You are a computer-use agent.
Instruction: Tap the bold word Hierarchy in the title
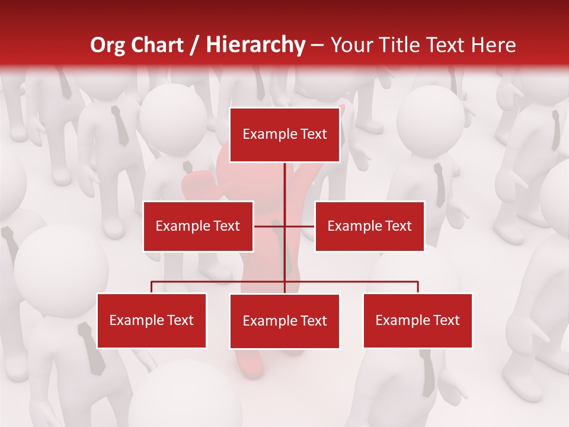[x=255, y=46]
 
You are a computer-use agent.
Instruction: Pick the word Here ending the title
[x=493, y=46]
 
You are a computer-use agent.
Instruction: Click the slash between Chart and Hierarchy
[x=194, y=46]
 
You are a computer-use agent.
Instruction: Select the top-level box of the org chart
[x=284, y=135]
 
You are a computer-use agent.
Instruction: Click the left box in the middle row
[x=198, y=226]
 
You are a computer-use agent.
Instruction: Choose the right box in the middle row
[x=370, y=226]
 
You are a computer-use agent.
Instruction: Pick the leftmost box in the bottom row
[x=152, y=320]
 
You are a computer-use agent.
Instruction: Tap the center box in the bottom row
[x=284, y=321]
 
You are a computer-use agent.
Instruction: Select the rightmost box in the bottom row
[x=418, y=320]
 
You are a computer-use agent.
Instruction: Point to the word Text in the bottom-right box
[x=446, y=320]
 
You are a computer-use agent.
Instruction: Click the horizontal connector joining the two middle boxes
[x=299, y=226]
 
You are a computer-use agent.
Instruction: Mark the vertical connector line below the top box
[x=284, y=190]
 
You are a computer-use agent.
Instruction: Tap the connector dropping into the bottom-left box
[x=152, y=287]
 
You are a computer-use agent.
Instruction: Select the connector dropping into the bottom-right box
[x=418, y=287]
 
